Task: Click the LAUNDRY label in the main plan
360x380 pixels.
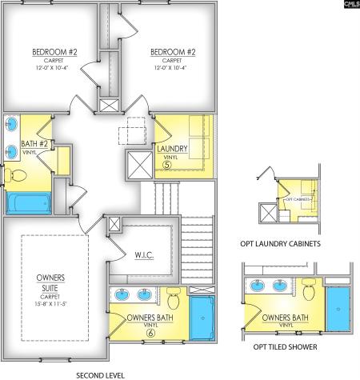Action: pyautogui.click(x=173, y=149)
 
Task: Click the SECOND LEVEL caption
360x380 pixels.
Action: pyautogui.click(x=100, y=374)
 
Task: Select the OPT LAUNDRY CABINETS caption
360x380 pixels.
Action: pyautogui.click(x=276, y=242)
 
